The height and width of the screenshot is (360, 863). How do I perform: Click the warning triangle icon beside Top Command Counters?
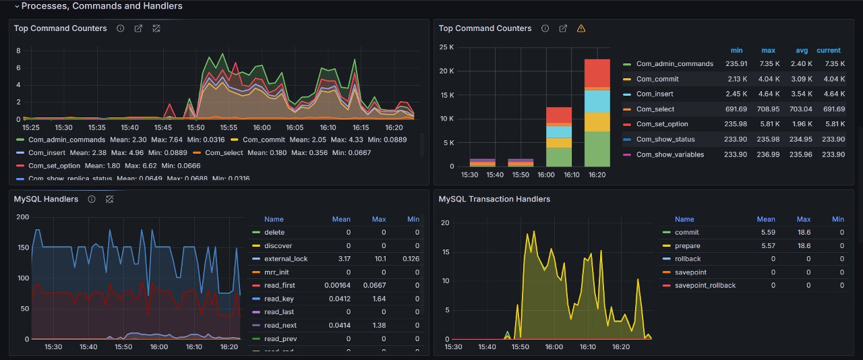(581, 28)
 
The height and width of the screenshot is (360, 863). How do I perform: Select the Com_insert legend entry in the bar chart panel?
(654, 94)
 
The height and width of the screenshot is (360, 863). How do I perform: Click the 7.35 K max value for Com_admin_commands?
(768, 63)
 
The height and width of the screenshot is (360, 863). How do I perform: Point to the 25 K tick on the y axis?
(447, 47)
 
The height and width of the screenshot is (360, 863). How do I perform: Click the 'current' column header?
(829, 51)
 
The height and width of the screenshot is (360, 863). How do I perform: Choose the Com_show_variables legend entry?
(669, 154)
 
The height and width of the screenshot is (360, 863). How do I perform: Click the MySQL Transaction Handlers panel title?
(494, 199)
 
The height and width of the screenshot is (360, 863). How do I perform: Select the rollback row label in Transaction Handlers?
(688, 259)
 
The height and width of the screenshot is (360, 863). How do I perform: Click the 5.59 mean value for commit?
(766, 233)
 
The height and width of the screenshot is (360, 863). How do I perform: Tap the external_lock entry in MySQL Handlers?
(286, 259)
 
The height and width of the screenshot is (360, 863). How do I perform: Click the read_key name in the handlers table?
(278, 299)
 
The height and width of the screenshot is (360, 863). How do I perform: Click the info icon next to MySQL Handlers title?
(92, 199)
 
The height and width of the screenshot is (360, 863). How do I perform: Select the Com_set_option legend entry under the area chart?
(54, 165)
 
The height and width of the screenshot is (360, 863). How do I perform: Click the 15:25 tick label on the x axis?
(31, 127)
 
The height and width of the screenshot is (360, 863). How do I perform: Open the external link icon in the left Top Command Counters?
(138, 28)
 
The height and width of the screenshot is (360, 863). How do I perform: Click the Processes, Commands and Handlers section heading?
(101, 6)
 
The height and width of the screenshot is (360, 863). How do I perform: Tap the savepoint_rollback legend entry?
(705, 285)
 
